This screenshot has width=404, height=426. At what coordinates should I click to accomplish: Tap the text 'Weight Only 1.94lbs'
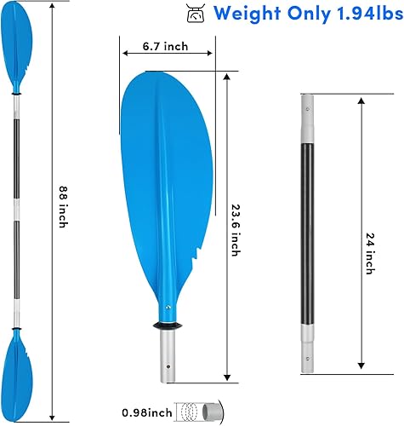[304, 14]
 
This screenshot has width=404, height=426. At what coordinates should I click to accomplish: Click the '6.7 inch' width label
[165, 47]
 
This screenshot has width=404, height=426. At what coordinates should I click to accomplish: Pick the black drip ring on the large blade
[168, 325]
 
